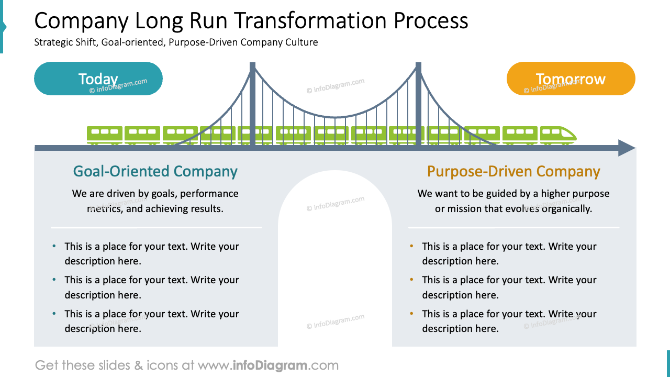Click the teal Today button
tap(98, 79)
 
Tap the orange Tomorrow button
tap(571, 79)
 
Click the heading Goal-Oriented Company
tap(155, 171)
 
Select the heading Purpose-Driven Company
tap(513, 171)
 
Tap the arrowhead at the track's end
tap(627, 148)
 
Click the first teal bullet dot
tap(54, 246)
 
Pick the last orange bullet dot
tap(411, 314)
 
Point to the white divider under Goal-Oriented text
tap(156, 227)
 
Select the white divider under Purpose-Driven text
tap(513, 227)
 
